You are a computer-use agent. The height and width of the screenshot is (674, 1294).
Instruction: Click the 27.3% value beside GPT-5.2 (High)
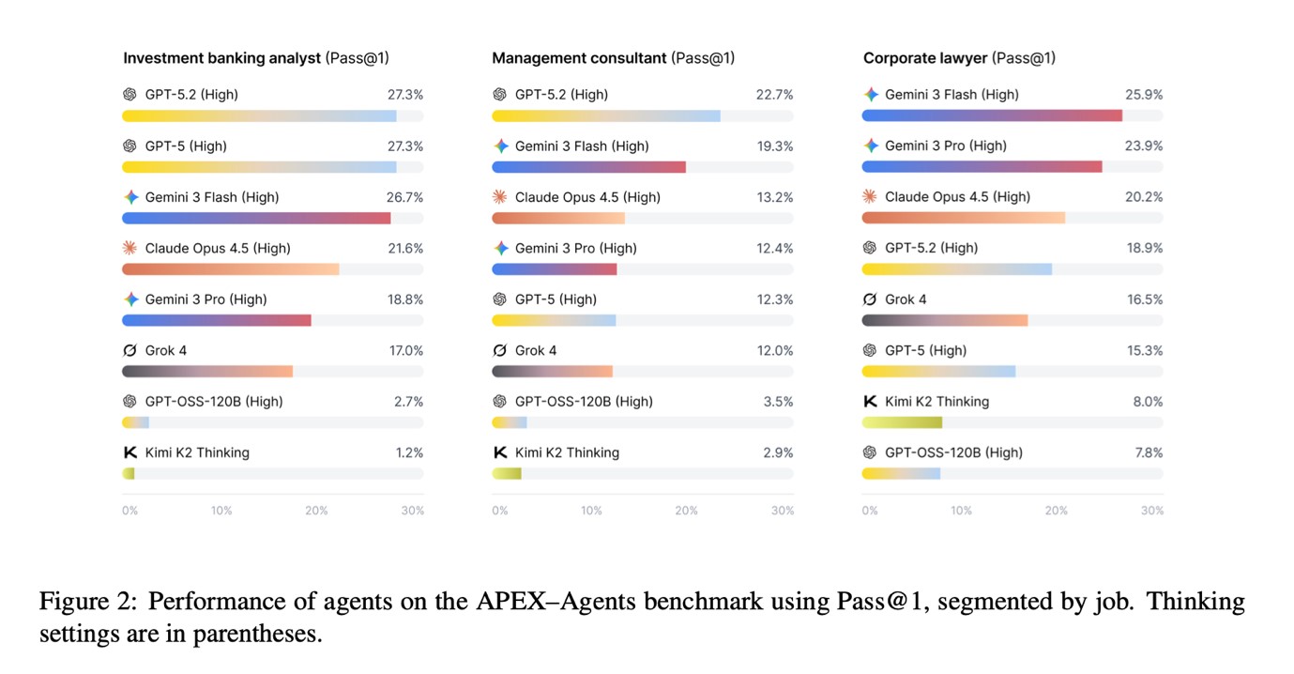tap(405, 95)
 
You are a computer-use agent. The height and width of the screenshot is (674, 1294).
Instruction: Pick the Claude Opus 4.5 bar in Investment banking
tap(231, 269)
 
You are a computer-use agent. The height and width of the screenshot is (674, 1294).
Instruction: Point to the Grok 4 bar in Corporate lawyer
tap(945, 320)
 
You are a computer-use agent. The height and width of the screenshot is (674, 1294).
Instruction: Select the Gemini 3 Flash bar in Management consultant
tap(588, 167)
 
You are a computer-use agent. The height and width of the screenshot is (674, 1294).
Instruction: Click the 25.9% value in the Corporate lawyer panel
tap(1144, 95)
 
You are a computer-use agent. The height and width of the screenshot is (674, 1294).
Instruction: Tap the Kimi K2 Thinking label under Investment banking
tap(197, 452)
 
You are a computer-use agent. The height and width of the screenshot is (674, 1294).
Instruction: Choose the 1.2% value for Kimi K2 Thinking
tap(409, 452)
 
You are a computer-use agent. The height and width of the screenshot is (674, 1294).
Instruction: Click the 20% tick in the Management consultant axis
tap(686, 511)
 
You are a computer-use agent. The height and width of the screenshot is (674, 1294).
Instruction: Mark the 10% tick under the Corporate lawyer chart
tap(961, 511)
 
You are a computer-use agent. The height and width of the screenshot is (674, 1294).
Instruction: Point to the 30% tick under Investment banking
tap(413, 511)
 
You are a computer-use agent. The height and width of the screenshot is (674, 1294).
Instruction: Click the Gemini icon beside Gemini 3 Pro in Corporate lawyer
tap(871, 146)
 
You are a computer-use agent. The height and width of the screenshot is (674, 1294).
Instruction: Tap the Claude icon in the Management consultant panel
tap(501, 197)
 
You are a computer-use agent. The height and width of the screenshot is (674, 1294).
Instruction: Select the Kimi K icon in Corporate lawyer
tap(870, 401)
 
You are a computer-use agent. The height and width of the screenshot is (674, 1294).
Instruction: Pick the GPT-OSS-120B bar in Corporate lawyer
tap(901, 474)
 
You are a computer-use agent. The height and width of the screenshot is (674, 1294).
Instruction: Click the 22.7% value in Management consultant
tap(774, 95)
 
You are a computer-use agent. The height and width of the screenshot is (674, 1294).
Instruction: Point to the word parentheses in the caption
tap(257, 634)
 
